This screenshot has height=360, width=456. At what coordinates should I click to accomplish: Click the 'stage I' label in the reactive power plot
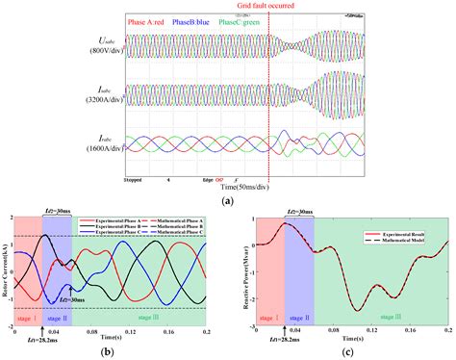tap(264, 316)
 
